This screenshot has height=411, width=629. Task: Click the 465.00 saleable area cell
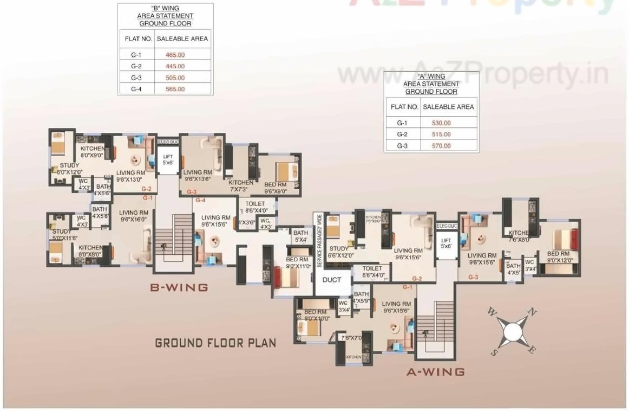point(175,55)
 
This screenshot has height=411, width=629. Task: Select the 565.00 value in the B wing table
point(175,89)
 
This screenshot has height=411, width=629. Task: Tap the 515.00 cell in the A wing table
point(441,134)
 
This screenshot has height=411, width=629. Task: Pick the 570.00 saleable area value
point(441,146)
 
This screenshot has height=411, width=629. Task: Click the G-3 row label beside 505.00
point(136,78)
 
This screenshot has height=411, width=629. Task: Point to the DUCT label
point(331,280)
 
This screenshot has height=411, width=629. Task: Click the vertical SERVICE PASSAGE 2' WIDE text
point(319,240)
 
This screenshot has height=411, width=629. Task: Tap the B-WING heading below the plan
point(179,287)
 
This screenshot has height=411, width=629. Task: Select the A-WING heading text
point(435,372)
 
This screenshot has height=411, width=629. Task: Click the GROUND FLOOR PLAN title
point(215,343)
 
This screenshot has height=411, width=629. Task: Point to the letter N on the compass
point(532,312)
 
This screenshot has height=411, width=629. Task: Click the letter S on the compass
point(494,352)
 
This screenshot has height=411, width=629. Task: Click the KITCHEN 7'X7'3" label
point(241,186)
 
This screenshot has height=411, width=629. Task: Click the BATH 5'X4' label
point(300,236)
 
